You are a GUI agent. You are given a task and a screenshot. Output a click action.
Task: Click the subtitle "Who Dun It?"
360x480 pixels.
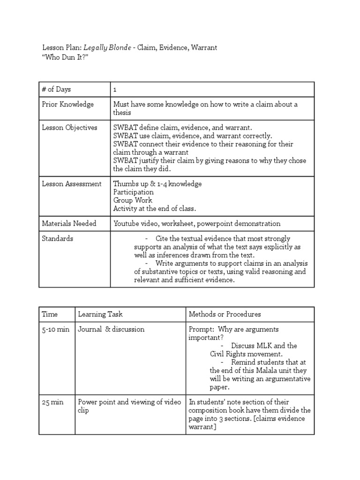pyautogui.click(x=65, y=56)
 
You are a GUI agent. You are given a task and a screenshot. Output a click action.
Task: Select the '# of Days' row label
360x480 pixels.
pyautogui.click(x=56, y=89)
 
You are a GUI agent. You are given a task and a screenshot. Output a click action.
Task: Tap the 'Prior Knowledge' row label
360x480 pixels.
pyautogui.click(x=68, y=104)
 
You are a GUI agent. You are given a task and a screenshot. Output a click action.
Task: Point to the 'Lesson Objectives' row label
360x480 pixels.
pyautogui.click(x=70, y=127)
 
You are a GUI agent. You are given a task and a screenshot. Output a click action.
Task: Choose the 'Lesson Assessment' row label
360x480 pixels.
pyautogui.click(x=72, y=184)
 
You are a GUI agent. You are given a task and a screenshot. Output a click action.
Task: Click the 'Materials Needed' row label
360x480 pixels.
pyautogui.click(x=69, y=223)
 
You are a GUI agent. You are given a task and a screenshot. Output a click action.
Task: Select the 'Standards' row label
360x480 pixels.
pyautogui.click(x=58, y=238)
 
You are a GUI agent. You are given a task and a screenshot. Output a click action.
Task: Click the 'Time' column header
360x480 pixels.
pyautogui.click(x=49, y=314)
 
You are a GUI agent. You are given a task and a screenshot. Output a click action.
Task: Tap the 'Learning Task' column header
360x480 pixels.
pyautogui.click(x=100, y=314)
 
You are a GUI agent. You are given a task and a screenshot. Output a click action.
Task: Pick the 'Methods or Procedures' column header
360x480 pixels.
pyautogui.click(x=225, y=314)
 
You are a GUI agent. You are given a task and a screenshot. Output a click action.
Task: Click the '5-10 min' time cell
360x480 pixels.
pyautogui.click(x=56, y=329)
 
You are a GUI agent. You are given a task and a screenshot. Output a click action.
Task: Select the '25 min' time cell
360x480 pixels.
pyautogui.click(x=52, y=402)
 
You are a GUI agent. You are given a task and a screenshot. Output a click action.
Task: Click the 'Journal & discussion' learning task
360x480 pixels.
pyautogui.click(x=111, y=329)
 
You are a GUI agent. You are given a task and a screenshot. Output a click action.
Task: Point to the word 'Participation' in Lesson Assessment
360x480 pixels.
pyautogui.click(x=133, y=192)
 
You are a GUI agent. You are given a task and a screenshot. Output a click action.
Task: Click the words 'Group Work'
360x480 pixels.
pyautogui.click(x=133, y=200)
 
